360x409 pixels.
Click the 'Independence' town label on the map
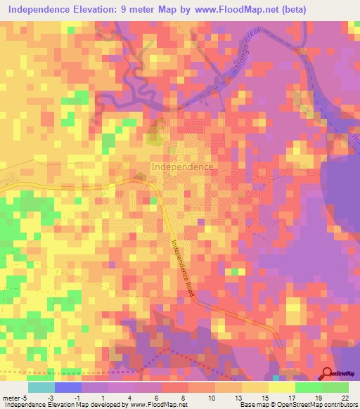pyautogui.click(x=182, y=167)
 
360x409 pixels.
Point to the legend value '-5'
pyautogui.click(x=25, y=397)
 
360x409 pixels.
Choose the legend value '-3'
pyautogui.click(x=51, y=397)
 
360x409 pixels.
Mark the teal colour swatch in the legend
pyautogui.click(x=41, y=387)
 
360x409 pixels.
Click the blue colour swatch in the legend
pyautogui.click(x=67, y=387)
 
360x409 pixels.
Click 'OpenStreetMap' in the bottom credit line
pyautogui.click(x=295, y=405)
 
